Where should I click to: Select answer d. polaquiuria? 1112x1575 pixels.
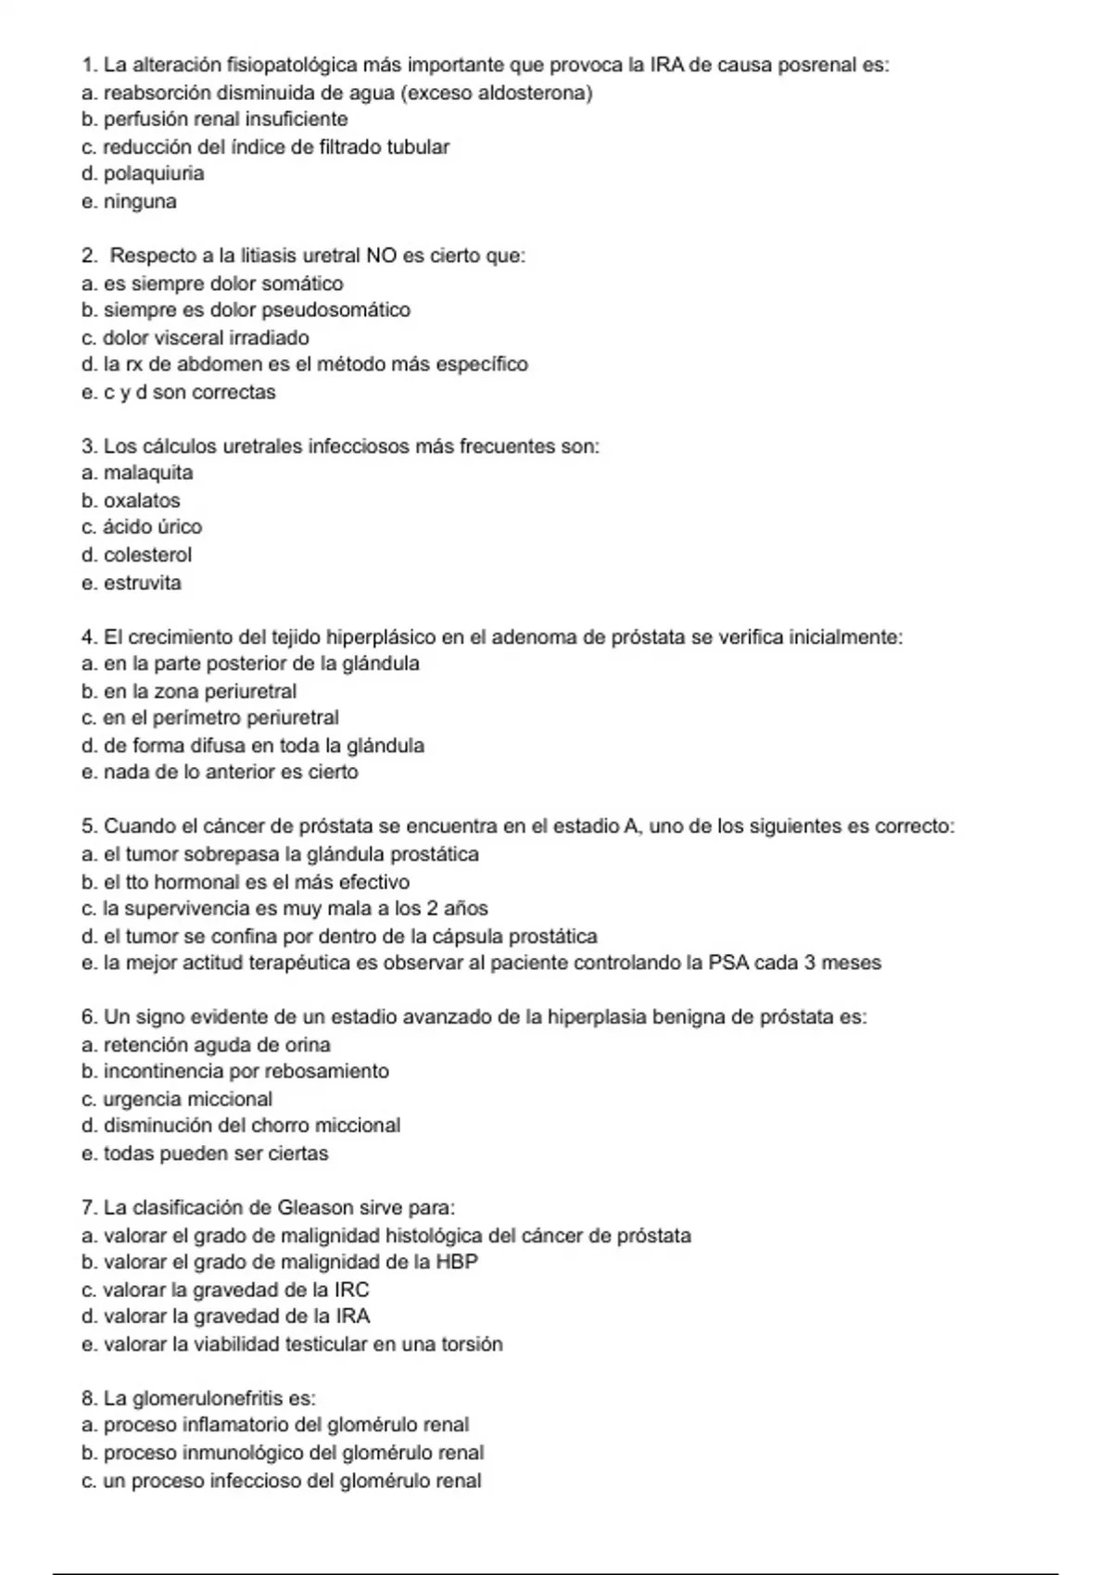coord(143,173)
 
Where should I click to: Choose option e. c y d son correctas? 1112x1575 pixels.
coord(179,392)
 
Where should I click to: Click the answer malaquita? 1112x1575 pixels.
coord(148,472)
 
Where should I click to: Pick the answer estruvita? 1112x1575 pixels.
coord(143,583)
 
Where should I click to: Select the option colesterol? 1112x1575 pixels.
coord(147,555)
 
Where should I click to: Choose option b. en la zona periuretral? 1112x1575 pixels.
coord(189,691)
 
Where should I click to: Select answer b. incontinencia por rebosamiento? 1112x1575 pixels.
coord(235,1071)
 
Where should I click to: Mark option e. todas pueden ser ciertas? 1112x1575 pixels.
coord(205,1153)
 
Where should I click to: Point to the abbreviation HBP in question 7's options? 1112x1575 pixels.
coord(457,1262)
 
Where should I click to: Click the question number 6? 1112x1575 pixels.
coord(89,1017)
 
